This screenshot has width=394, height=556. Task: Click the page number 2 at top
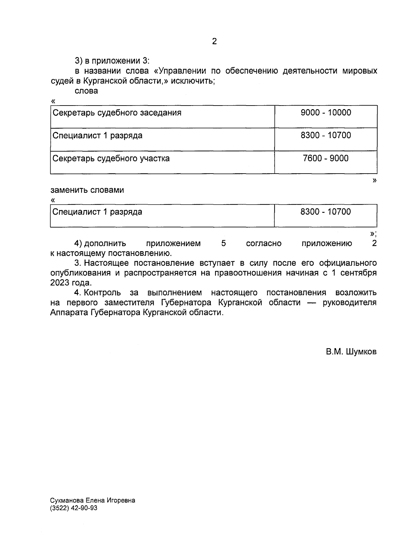pyautogui.click(x=214, y=41)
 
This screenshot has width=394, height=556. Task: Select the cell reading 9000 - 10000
pyautogui.click(x=326, y=113)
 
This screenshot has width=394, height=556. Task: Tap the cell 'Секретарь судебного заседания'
pyautogui.click(x=117, y=113)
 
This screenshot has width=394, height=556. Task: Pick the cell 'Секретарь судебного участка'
pyautogui.click(x=111, y=158)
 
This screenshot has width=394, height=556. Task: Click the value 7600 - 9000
pyautogui.click(x=326, y=158)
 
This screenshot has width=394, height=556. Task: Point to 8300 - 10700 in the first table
pyautogui.click(x=326, y=135)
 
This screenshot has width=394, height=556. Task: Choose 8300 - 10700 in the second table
pyautogui.click(x=326, y=212)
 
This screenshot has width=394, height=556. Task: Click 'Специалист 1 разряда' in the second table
pyautogui.click(x=97, y=212)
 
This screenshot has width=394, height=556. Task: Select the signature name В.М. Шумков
pyautogui.click(x=351, y=352)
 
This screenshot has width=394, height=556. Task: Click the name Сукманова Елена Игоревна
pyautogui.click(x=93, y=500)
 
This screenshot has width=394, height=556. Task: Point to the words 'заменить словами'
pyautogui.click(x=87, y=190)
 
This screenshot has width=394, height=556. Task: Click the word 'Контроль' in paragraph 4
pyautogui.click(x=102, y=293)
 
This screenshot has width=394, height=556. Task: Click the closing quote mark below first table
pyautogui.click(x=375, y=180)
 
